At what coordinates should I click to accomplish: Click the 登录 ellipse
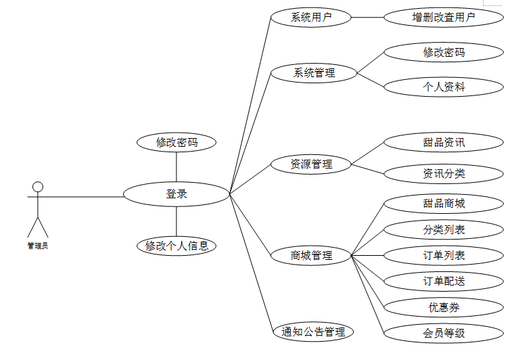[x=177, y=194]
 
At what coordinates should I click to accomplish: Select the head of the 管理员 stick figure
[x=38, y=186]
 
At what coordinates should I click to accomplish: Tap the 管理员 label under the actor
[x=38, y=246]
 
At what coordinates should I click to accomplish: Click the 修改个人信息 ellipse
[x=177, y=246]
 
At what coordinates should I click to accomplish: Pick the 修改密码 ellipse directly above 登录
[x=177, y=142]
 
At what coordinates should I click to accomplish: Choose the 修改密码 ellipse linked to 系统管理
[x=444, y=52]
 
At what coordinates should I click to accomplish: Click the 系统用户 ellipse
[x=311, y=18]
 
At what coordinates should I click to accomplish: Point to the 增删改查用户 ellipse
[x=444, y=18]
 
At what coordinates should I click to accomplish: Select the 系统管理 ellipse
[x=314, y=72]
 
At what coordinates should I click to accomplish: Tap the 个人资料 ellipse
[x=444, y=87]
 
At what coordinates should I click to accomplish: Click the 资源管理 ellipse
[x=311, y=164]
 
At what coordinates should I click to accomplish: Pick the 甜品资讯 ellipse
[x=444, y=142]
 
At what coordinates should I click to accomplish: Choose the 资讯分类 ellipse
[x=444, y=173]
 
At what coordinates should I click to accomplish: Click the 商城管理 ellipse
[x=311, y=256]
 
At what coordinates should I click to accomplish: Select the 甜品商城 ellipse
[x=444, y=203]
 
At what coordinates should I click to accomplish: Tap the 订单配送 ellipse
[x=444, y=281]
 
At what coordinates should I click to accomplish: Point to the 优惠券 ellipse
[x=444, y=307]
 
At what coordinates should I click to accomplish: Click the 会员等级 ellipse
[x=444, y=333]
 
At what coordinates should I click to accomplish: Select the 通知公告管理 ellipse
[x=313, y=332]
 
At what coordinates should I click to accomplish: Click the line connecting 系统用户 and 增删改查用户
[x=368, y=18]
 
